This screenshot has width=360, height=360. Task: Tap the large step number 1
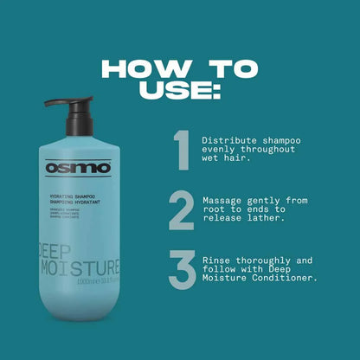coord(180,151)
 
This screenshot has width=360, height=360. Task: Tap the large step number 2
coord(181,211)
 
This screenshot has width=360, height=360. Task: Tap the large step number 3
coord(181,271)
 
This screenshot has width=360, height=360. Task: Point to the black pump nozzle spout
coord(55,103)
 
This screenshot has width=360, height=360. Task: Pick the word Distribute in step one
coord(226,138)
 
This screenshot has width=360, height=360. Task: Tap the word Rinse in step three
coord(213,259)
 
